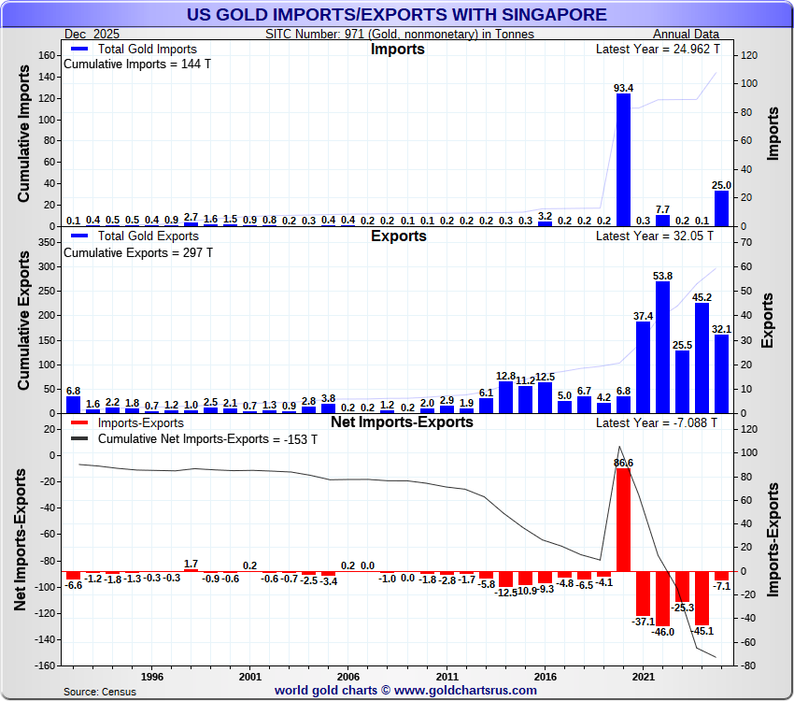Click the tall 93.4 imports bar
tap(623, 160)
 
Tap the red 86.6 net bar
tap(623, 519)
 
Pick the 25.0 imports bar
tap(721, 208)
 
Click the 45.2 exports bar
tap(702, 358)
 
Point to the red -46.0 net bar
tap(662, 598)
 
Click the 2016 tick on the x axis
tap(545, 675)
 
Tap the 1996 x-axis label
tap(152, 675)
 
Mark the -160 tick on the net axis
tap(44, 665)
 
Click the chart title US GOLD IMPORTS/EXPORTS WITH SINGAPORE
tap(397, 15)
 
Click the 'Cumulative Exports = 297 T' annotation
tap(137, 252)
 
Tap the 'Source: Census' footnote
tap(99, 692)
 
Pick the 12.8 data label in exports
tap(505, 375)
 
